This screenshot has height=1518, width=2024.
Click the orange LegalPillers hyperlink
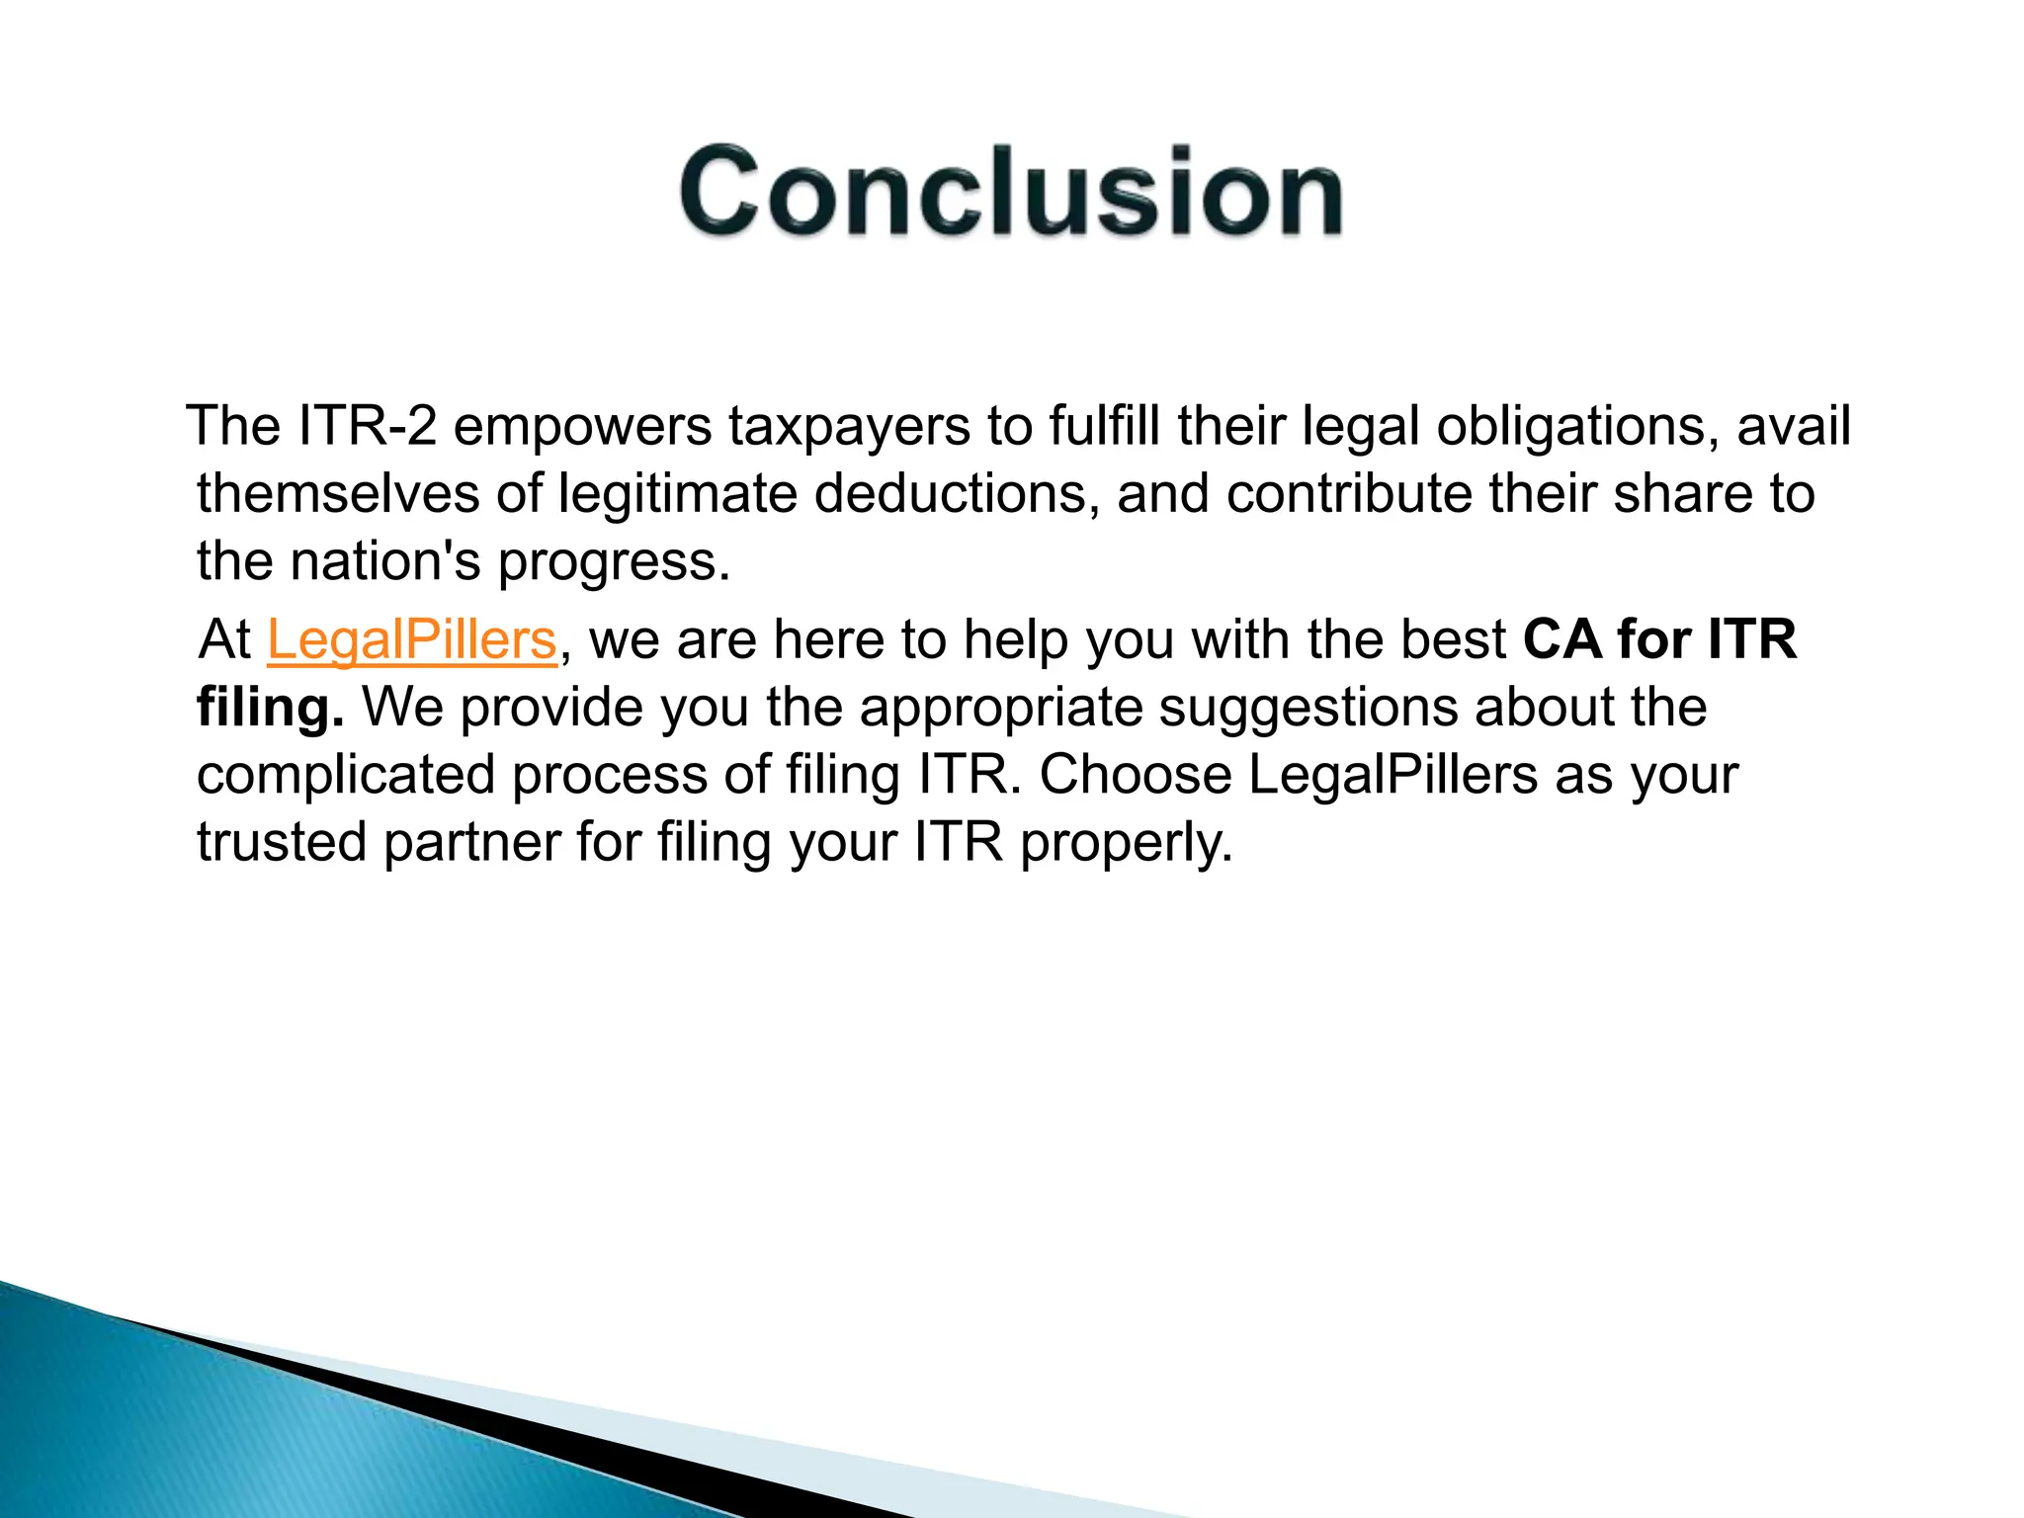coord(412,639)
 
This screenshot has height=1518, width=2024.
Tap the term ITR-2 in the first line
coord(366,426)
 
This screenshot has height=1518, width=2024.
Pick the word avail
coord(1793,426)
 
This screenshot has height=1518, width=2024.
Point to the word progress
coord(613,562)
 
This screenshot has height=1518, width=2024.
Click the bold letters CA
coord(1561,639)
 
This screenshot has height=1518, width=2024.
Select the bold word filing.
coord(270,709)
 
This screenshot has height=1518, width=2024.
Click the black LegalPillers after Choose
coord(1392,774)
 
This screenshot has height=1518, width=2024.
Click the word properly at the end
coord(1126,843)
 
